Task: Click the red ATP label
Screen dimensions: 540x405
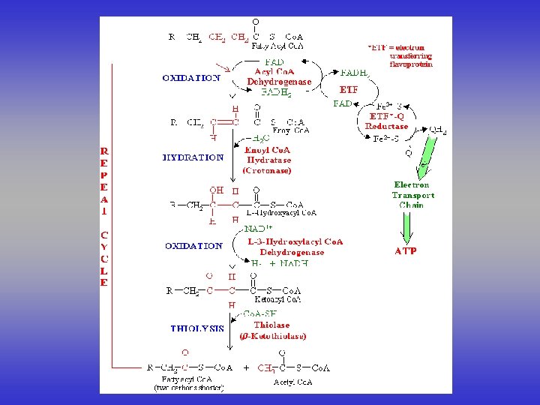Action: (x=406, y=251)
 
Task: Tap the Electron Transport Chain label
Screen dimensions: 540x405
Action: (x=412, y=195)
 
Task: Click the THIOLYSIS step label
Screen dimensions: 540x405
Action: (x=196, y=328)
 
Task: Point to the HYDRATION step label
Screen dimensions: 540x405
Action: (x=193, y=157)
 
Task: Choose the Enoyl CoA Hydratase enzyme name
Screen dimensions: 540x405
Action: (x=268, y=160)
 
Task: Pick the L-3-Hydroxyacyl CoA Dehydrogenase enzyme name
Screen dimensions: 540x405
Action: (x=295, y=247)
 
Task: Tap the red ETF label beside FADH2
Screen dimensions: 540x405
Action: (x=349, y=90)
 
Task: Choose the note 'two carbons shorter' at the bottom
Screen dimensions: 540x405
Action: (x=189, y=387)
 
